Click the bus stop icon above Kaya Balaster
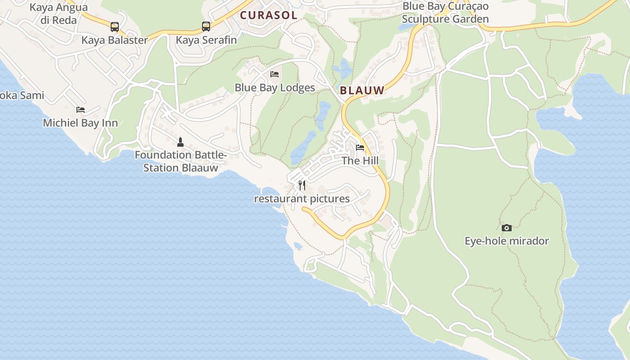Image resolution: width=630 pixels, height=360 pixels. click(115, 27)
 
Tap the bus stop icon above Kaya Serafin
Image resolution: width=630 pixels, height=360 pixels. click(206, 27)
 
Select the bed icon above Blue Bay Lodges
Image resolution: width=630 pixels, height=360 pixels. click(274, 74)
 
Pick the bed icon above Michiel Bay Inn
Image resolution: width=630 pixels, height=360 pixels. click(81, 109)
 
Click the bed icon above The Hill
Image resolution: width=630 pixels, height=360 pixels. click(360, 147)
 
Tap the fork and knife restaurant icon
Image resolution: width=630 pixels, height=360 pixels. click(302, 185)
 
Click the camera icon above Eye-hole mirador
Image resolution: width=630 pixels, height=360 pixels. click(507, 228)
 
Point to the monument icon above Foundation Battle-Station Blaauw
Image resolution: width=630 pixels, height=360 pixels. click(180, 142)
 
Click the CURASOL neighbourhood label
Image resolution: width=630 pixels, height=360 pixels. click(269, 15)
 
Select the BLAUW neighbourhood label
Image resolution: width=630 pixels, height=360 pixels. click(362, 90)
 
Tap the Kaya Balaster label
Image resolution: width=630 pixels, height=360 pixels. click(114, 40)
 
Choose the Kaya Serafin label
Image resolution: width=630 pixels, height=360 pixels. click(206, 40)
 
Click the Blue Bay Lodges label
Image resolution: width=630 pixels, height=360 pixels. click(274, 87)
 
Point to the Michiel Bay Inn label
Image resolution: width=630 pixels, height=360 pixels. click(81, 123)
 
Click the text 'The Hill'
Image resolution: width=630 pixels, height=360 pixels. click(360, 161)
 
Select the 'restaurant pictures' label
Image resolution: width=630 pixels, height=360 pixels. click(302, 198)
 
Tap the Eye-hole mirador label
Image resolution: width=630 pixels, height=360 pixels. click(507, 241)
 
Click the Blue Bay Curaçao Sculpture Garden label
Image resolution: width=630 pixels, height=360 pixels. click(445, 13)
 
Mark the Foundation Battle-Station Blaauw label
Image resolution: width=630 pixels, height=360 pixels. click(180, 162)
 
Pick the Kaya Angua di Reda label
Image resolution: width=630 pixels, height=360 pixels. click(58, 13)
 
